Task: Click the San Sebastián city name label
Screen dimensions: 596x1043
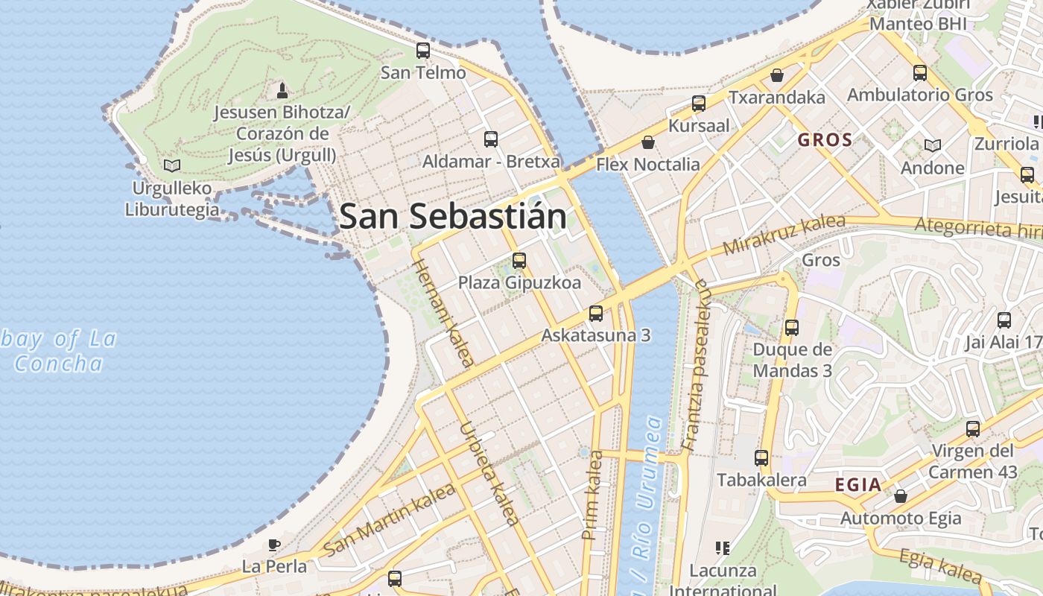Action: coord(452,217)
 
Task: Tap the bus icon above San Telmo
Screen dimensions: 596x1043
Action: coord(423,51)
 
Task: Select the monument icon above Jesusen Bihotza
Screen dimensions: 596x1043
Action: coord(282,91)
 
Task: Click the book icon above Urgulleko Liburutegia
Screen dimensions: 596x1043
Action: coord(172,165)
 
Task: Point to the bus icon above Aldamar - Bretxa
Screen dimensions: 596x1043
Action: coord(491,139)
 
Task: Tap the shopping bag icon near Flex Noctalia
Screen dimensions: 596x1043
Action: coord(648,142)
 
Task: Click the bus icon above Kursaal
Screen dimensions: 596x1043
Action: coord(699,104)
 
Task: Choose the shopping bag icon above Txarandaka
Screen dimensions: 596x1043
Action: coord(777,75)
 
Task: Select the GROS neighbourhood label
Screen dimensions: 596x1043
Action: coord(825,140)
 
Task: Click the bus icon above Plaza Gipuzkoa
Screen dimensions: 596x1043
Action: coord(519,261)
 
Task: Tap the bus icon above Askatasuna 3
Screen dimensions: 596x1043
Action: coord(596,313)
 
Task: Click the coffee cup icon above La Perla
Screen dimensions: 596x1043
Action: coord(274,545)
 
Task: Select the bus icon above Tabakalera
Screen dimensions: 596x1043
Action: coord(761,458)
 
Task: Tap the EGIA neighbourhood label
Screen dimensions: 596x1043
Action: coord(857,485)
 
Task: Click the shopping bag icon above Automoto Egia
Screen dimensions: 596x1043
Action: coord(901,495)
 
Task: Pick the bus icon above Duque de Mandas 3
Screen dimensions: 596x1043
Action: coord(792,327)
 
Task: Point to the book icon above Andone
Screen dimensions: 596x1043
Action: coord(932,145)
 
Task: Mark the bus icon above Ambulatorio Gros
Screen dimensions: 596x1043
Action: coord(920,73)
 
